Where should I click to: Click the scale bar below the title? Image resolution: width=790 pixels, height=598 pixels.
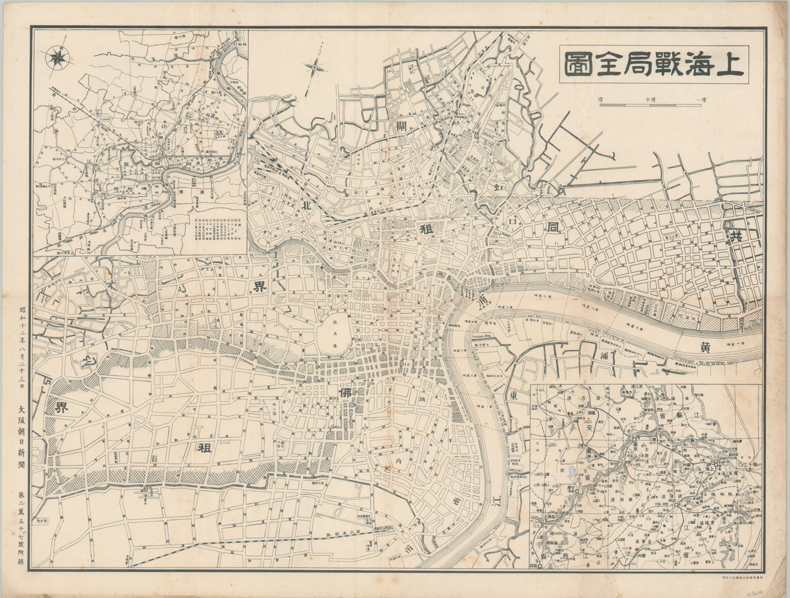pyautogui.click(x=611, y=105)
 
